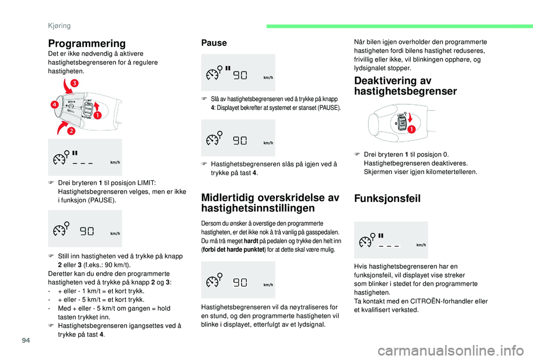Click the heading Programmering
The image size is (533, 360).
[87, 43]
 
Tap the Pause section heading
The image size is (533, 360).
[214, 43]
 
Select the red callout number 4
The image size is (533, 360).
[56, 104]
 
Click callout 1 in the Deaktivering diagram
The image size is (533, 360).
[411, 129]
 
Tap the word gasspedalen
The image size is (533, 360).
[323, 232]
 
